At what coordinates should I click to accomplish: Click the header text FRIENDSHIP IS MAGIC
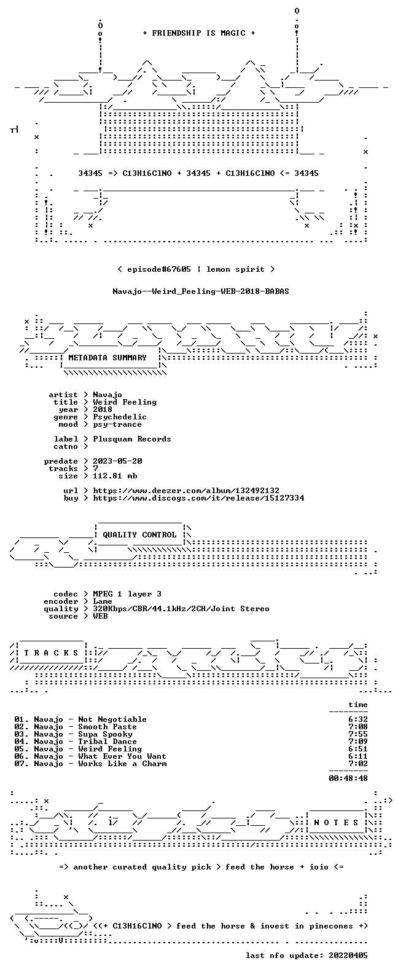coord(199,33)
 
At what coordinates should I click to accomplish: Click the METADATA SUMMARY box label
coord(107,358)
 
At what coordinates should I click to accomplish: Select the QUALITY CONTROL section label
coord(139,535)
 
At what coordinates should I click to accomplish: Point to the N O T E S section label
coord(336,822)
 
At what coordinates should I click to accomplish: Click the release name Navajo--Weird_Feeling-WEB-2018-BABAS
coord(201,291)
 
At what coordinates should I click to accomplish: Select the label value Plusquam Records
coord(132,439)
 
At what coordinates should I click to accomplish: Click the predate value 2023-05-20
coord(117,461)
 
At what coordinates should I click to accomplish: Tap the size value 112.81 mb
coord(115,476)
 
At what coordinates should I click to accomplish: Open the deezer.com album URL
coord(186,491)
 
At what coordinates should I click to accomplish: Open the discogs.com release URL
coord(198,498)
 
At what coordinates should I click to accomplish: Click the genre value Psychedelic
coord(120,417)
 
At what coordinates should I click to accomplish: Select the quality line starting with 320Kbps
coord(181,609)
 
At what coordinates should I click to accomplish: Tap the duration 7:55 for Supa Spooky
coord(358,734)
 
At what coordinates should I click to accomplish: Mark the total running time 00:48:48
coord(348,778)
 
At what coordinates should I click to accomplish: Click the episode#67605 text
coord(159,269)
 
